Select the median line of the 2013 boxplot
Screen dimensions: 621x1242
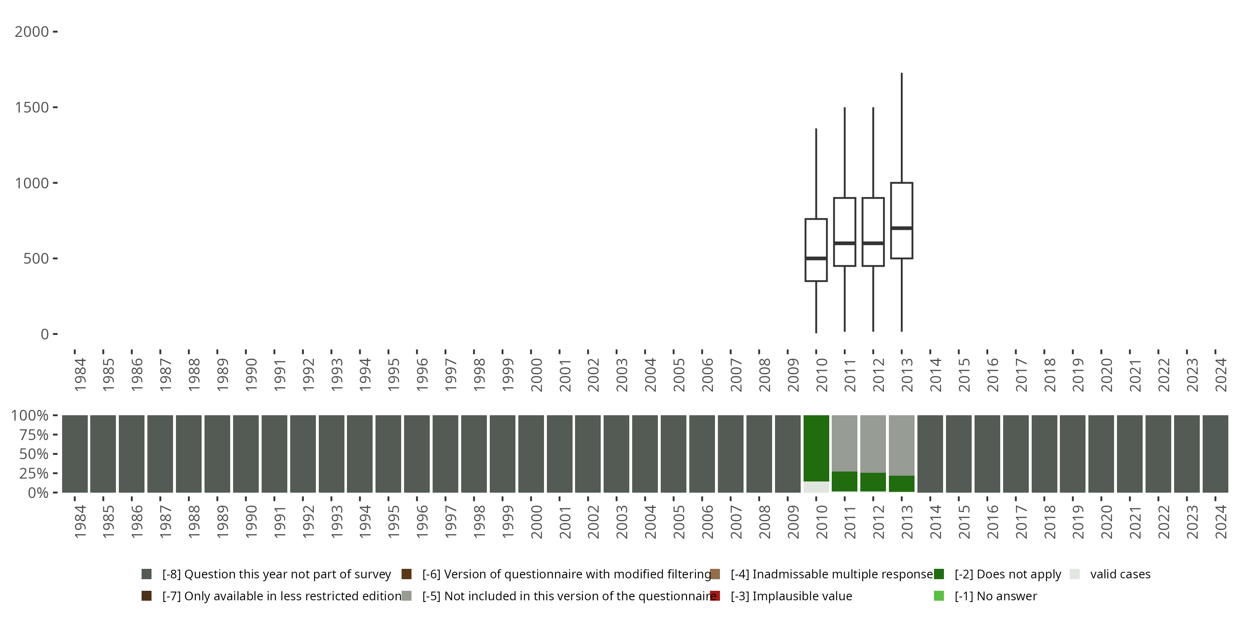(902, 228)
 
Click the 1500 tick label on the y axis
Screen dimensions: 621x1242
(32, 108)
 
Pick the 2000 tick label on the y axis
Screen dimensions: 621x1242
(32, 32)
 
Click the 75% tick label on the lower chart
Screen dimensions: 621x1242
(34, 435)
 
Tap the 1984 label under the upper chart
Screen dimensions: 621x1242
(80, 374)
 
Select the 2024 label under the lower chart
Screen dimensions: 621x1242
(1221, 522)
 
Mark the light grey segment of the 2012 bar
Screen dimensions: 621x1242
(873, 443)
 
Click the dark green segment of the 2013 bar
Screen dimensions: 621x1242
(902, 484)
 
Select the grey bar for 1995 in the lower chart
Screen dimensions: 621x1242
(388, 454)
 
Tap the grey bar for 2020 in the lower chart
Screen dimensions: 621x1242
(1101, 454)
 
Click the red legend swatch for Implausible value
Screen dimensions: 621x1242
(715, 596)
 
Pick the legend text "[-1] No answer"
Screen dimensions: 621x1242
(996, 596)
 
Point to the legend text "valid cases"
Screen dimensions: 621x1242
(1120, 574)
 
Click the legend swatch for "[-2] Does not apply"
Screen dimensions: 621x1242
(939, 574)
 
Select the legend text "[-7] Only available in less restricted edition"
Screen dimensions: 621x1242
(282, 596)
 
